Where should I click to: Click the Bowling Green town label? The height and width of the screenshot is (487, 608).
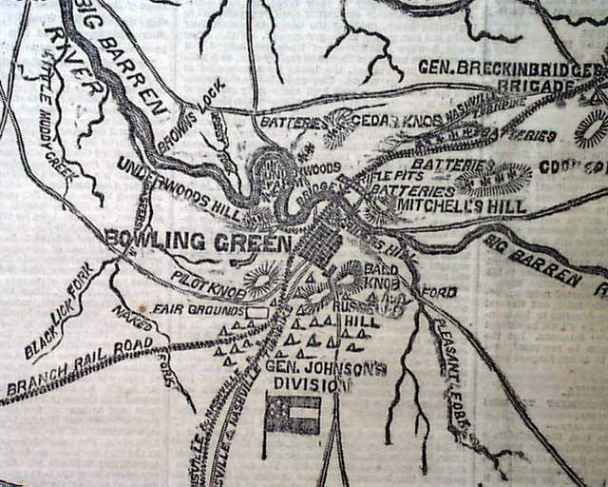click(x=198, y=241)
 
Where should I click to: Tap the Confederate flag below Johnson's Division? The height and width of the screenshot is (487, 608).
click(x=293, y=415)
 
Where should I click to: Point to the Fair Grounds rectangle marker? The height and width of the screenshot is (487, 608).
click(x=256, y=312)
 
